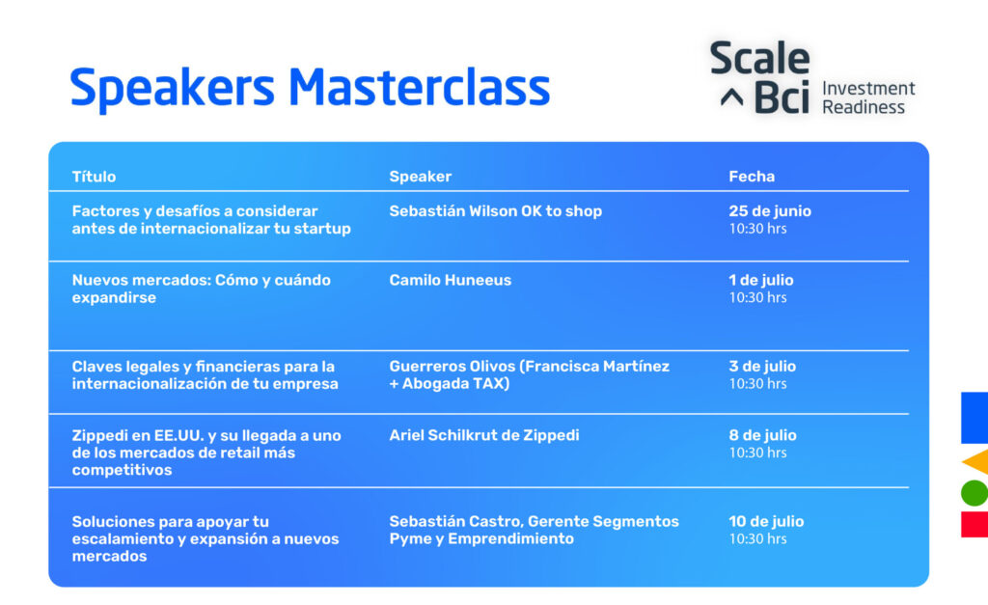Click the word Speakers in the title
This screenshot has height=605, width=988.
[x=172, y=90]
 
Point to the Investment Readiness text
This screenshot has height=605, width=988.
[x=868, y=97]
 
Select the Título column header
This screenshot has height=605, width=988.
[x=94, y=177]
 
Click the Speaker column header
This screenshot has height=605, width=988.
[x=421, y=178]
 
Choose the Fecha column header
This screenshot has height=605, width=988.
[x=752, y=177]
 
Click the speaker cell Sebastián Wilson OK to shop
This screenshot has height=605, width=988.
[x=495, y=211]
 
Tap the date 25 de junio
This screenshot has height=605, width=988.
[x=770, y=211]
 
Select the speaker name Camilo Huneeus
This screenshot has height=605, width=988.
[x=450, y=280]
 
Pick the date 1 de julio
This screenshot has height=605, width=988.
[x=761, y=280]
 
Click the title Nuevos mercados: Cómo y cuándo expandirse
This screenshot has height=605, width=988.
[x=201, y=289]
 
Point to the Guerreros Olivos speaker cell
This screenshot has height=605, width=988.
[x=530, y=375]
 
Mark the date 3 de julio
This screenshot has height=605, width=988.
[x=762, y=366]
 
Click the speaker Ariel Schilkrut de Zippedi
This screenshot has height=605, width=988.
[x=484, y=435]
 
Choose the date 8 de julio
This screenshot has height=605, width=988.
[x=762, y=435]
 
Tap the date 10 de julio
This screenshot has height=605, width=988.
[x=766, y=522]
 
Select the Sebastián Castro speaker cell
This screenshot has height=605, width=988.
[x=534, y=530]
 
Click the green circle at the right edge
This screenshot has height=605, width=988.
[x=975, y=493]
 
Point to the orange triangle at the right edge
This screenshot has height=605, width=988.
[x=978, y=462]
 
